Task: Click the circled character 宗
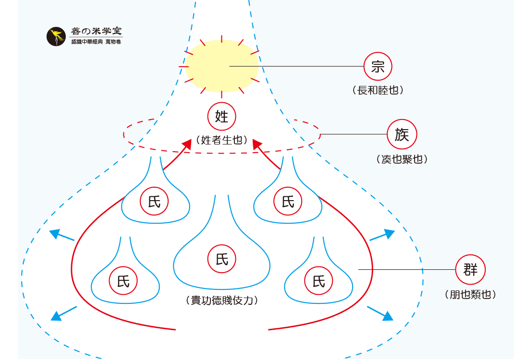378,66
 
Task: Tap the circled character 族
402,134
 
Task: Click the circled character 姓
222,116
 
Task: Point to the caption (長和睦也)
378,90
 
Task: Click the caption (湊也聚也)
402,159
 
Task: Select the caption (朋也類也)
470,294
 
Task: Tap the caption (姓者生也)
222,140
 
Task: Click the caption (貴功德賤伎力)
222,300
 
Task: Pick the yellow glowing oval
222,66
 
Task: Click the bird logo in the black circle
56,36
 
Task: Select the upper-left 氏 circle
155,202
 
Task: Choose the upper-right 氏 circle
288,202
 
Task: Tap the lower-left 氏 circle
123,281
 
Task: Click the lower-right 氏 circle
318,281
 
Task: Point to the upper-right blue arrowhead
389,234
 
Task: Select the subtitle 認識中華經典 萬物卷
96,42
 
